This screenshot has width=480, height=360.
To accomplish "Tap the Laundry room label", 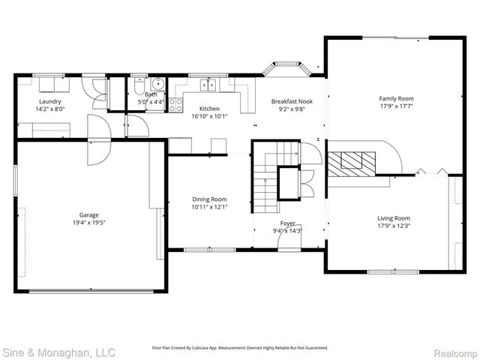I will pos(50,101).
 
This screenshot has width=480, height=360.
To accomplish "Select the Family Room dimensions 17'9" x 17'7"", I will pos(395,106).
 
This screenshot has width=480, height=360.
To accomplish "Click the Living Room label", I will pos(393,218).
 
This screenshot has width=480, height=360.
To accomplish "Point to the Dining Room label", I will pos(208,199).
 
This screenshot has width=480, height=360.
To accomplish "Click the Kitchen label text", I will pos(209,109).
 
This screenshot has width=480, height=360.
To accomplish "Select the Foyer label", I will pos(288,223).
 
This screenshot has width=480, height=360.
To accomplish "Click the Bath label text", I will pos(151,94).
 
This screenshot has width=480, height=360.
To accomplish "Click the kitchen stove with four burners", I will pos(175,105).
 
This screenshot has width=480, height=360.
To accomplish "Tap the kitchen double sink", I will pos(209,84).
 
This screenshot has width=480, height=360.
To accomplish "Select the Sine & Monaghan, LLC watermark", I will pos(58,351).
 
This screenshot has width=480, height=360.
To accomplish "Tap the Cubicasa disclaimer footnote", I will pos(240,348).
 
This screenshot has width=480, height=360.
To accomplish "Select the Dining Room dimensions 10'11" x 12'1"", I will pos(208,207).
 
